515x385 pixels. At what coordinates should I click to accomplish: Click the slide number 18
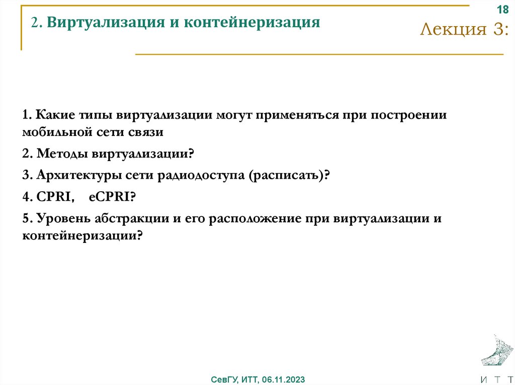pyautogui.click(x=502, y=10)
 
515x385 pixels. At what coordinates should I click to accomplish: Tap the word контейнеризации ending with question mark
pyautogui.click(x=82, y=236)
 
